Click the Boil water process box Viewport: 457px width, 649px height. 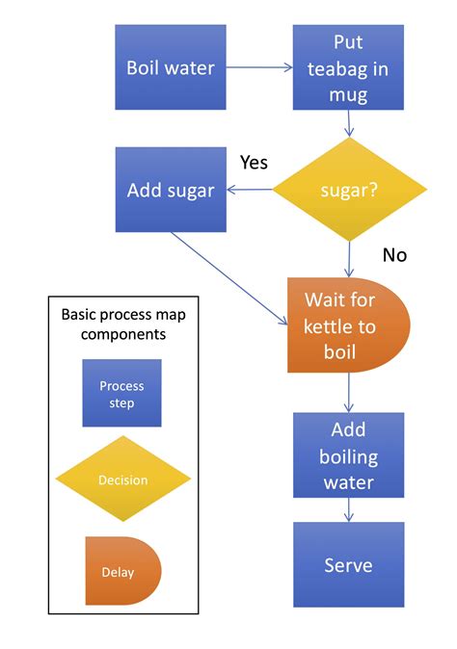(x=171, y=67)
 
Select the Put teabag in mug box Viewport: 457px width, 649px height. (x=348, y=67)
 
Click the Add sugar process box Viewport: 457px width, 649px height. (x=171, y=190)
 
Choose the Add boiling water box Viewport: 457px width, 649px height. (x=348, y=455)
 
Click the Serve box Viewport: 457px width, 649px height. (x=348, y=564)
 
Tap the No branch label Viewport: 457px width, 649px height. (x=393, y=255)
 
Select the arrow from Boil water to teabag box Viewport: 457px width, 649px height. (x=260, y=68)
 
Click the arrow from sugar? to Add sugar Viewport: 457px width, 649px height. (x=250, y=190)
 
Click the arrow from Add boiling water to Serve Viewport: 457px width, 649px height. (x=348, y=510)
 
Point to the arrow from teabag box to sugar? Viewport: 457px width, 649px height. (x=348, y=122)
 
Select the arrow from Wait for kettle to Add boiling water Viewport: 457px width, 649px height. (x=348, y=393)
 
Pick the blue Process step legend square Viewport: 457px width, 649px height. (x=121, y=393)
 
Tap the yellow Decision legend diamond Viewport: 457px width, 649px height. (x=121, y=480)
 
